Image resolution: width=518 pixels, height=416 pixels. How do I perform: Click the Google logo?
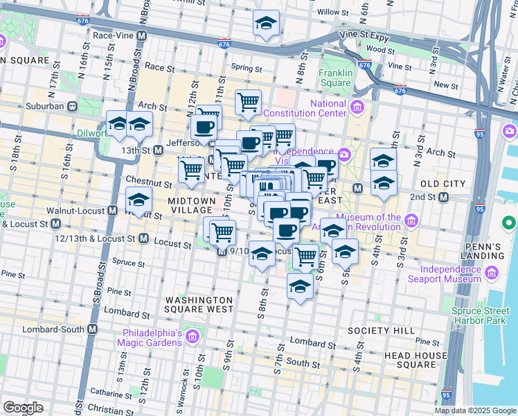pos(22,408)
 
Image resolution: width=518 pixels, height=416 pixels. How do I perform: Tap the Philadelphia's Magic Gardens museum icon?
pos(193,338)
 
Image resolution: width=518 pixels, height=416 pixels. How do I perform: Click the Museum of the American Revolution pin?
pos(412,222)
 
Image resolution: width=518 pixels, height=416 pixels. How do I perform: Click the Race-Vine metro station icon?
pos(142,35)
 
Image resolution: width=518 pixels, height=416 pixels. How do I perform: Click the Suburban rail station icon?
pos(71,107)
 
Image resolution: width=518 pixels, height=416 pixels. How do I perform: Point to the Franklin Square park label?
pos(335,78)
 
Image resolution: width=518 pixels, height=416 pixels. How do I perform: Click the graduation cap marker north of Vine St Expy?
pos(266,24)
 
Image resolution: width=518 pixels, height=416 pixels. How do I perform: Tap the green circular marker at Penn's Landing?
pos(509,223)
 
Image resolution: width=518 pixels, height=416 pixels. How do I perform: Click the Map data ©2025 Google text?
pos(475,410)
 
